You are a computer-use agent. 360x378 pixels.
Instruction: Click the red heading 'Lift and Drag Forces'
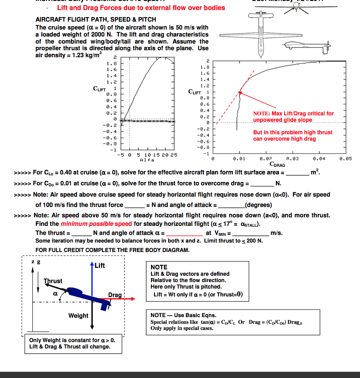141,8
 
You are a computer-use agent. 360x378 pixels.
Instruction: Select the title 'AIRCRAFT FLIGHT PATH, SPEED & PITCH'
96,20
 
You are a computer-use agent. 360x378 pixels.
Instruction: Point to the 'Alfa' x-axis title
147,160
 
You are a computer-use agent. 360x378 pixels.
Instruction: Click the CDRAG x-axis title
277,164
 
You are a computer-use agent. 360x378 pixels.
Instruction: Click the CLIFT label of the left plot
100,89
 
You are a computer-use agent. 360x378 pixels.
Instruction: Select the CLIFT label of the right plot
194,92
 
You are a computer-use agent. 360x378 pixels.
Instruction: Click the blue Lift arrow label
100,265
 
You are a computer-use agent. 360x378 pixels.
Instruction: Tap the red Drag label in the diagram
115,295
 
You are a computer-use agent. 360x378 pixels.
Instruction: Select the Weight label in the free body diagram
78,316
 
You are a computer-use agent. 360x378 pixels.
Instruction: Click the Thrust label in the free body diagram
53,281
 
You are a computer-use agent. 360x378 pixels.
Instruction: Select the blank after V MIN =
251,233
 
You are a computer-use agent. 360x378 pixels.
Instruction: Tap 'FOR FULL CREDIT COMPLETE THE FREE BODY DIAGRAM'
112,250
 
